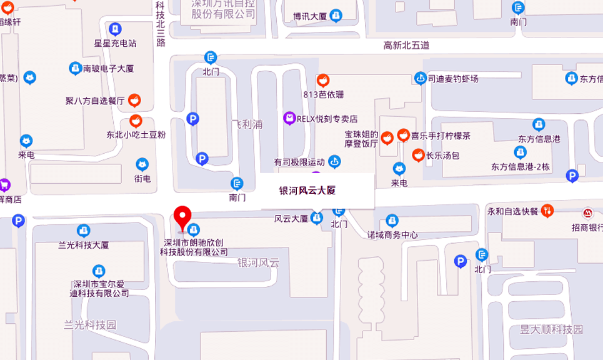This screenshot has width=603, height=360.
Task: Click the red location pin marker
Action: (x=182, y=217)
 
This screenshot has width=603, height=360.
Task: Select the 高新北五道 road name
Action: (x=407, y=46)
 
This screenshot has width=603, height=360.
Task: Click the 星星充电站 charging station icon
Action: (x=115, y=29)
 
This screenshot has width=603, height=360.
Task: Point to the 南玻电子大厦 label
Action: (x=108, y=69)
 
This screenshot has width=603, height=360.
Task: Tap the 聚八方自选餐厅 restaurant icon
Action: (x=134, y=100)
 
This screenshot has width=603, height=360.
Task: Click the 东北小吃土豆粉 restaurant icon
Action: (x=136, y=121)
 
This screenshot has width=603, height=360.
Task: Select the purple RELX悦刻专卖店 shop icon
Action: (x=289, y=117)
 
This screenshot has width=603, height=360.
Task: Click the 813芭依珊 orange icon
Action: (x=323, y=81)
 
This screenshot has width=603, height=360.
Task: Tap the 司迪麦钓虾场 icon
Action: (x=421, y=78)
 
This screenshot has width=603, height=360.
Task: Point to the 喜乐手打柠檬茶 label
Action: (x=441, y=136)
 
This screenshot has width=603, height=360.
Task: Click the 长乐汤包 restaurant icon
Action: (x=418, y=154)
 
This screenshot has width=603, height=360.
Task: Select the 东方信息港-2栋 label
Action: (x=520, y=167)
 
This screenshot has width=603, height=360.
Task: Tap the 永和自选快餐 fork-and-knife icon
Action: (x=547, y=211)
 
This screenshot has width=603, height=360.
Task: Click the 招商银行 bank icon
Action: (x=588, y=213)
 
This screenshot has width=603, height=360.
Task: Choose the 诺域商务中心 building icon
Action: (x=392, y=220)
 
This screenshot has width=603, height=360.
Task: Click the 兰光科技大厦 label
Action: (x=84, y=245)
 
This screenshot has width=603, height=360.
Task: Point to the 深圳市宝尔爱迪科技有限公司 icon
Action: (x=99, y=271)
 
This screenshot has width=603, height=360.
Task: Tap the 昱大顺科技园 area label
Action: (x=551, y=329)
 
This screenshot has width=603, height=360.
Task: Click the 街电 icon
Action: (x=142, y=165)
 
